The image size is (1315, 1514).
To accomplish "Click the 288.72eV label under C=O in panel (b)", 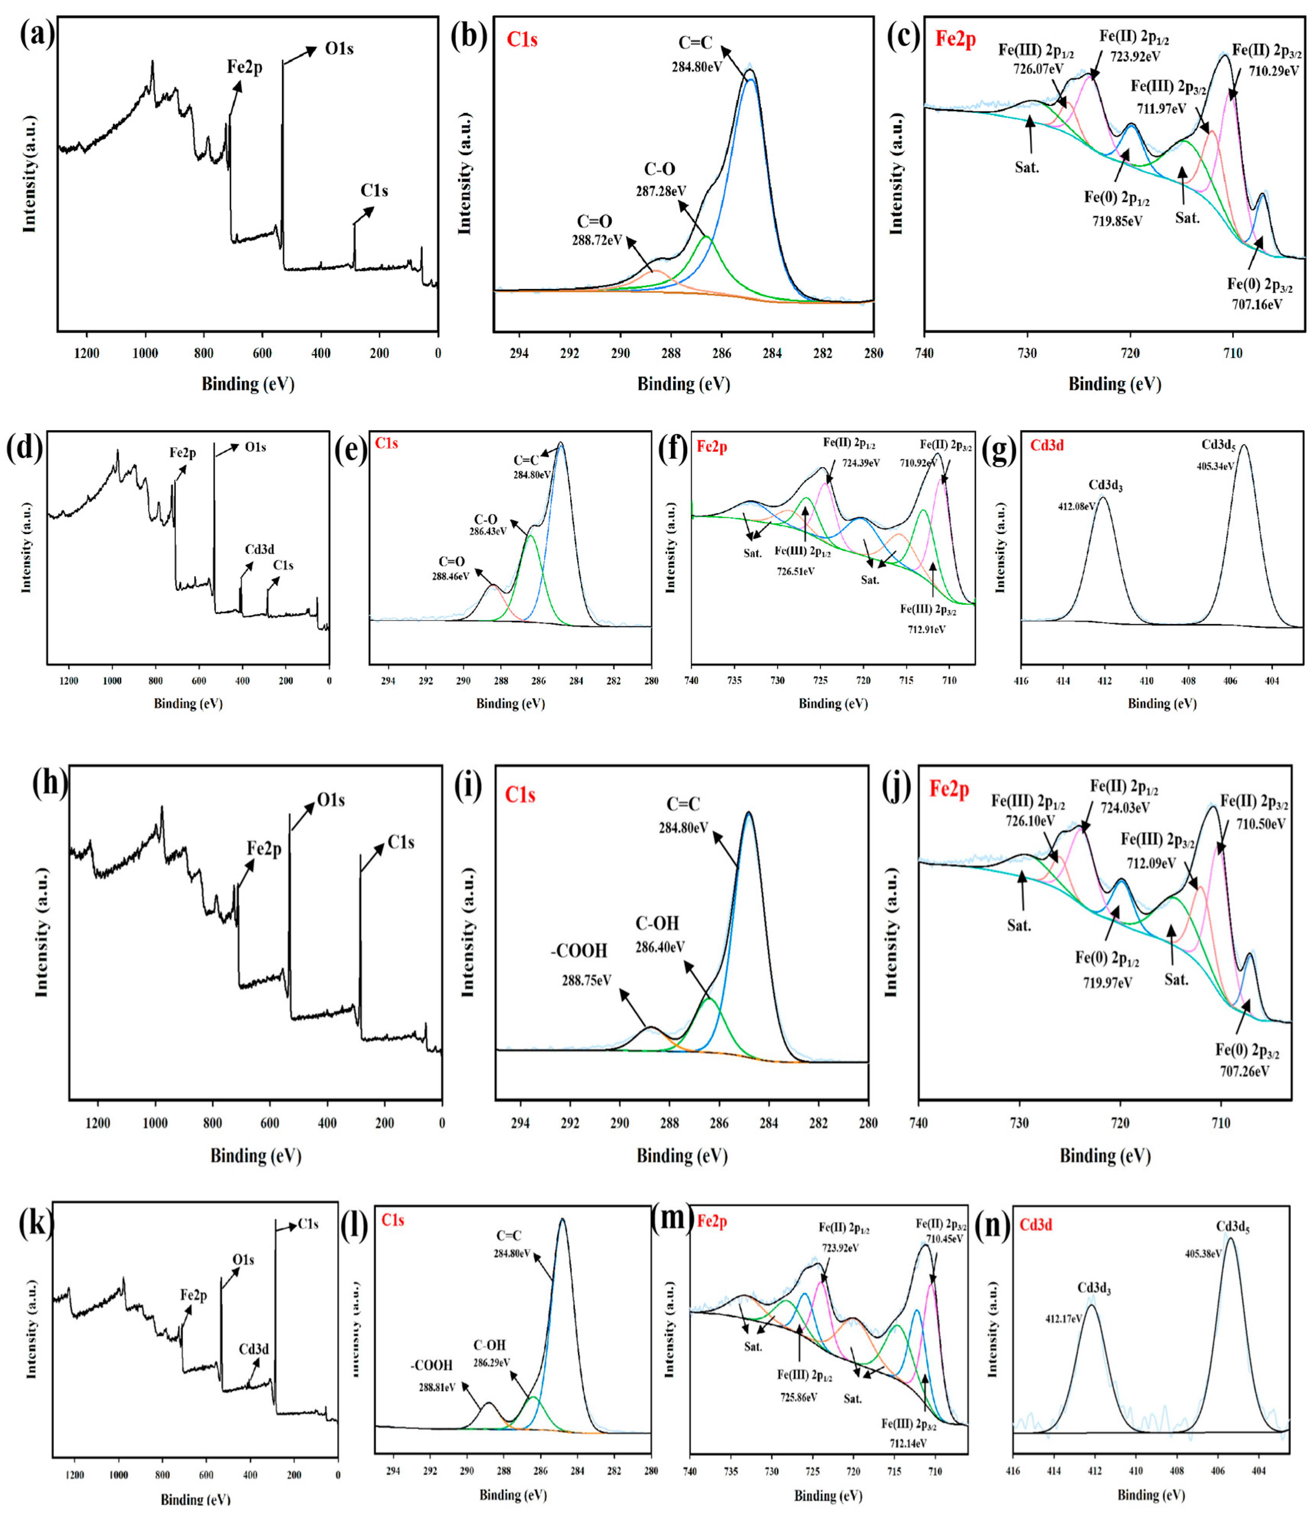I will coord(597,240).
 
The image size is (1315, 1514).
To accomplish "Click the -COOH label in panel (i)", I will coord(579,951).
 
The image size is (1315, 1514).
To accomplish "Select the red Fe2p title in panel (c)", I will coord(955,39).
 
